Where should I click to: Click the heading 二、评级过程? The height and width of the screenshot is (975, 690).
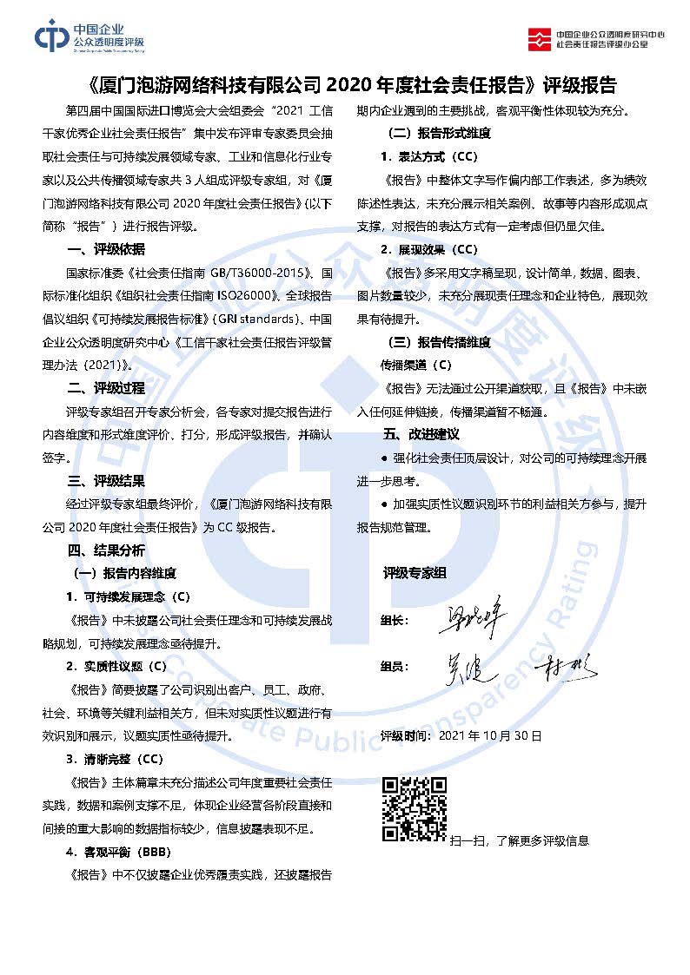[106, 388]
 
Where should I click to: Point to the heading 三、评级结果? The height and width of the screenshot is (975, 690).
[106, 481]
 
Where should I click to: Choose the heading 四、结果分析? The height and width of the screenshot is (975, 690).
[106, 550]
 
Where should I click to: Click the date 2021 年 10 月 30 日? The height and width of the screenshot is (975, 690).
[491, 735]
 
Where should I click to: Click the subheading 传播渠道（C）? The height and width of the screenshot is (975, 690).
[416, 365]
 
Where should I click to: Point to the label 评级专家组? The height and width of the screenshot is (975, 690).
[415, 573]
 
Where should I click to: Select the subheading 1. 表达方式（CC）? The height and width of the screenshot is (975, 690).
[428, 157]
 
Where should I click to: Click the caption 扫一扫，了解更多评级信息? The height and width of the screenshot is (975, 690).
[520, 840]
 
